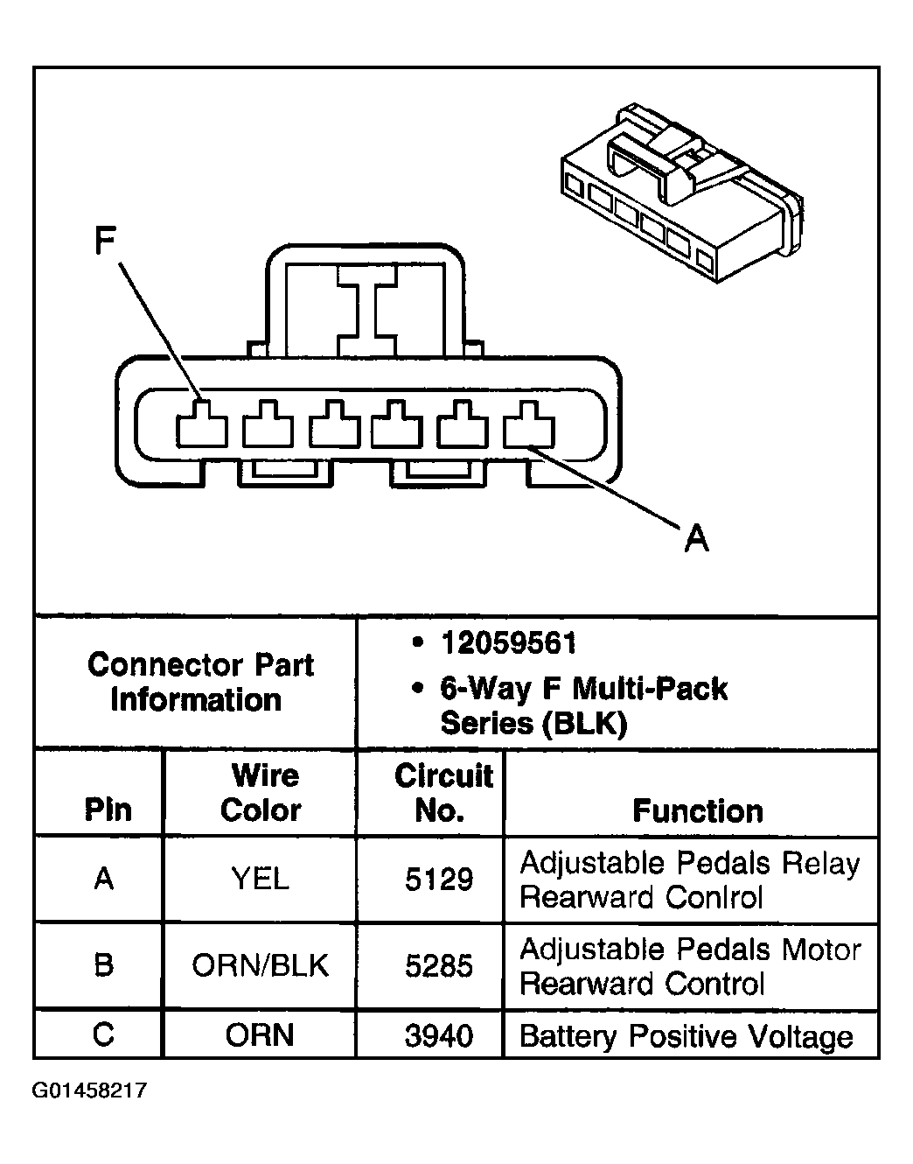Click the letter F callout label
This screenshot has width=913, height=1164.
[106, 241]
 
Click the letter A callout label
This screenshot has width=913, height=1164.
[696, 537]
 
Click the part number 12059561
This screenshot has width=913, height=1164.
[508, 644]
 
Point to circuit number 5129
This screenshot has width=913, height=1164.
[439, 880]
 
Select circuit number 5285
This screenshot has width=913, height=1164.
[439, 966]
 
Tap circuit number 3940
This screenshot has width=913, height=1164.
[439, 1036]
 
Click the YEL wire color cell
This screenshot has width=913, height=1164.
[260, 879]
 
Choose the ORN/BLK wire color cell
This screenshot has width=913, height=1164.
[260, 966]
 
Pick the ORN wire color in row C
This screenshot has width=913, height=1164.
[260, 1036]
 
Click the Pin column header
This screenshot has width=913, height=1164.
[108, 810]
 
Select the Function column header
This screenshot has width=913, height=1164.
[697, 811]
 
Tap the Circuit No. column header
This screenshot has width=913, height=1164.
[443, 793]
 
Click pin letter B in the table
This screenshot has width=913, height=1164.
[103, 965]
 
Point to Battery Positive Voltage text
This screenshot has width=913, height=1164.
[686, 1037]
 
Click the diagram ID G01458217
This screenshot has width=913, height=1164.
[89, 1090]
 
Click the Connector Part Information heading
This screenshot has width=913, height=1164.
[199, 683]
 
